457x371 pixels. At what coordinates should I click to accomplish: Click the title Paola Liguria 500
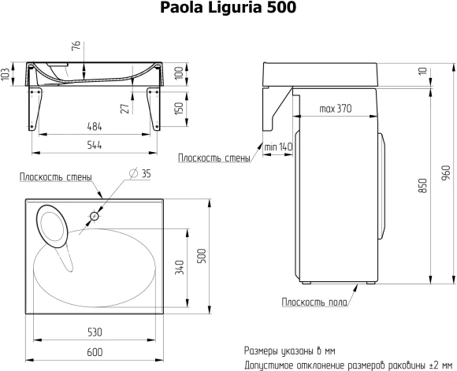tap(229, 9)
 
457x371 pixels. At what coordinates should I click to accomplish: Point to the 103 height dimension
tap(6, 75)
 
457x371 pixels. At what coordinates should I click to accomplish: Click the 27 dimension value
tap(124, 107)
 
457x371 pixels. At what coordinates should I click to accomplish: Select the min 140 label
tap(278, 147)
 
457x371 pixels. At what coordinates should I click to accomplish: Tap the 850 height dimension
tap(422, 186)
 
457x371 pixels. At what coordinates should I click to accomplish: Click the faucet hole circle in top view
tap(94, 215)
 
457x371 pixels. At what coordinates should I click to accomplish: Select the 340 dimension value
tap(180, 269)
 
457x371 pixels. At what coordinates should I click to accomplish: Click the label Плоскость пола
tap(312, 302)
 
